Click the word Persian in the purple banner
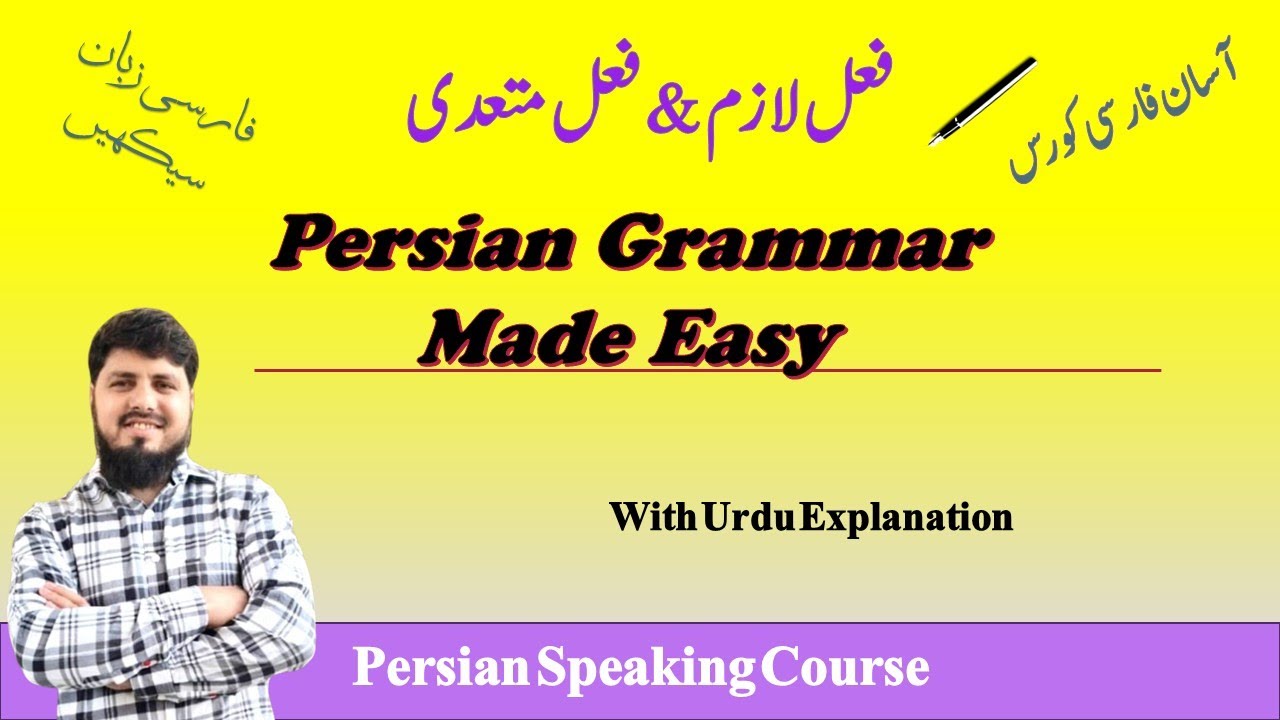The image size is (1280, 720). (x=441, y=668)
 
